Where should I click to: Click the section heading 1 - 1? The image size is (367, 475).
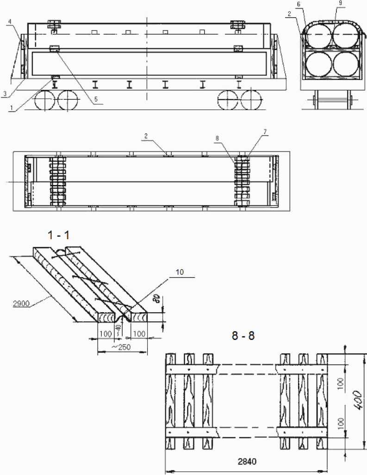[x=58, y=235]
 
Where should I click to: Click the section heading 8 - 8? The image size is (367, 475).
[x=243, y=336]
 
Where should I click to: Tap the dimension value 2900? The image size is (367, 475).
[x=21, y=303]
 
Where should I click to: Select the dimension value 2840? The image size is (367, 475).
[x=247, y=462]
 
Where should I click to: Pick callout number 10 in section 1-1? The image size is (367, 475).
[x=180, y=272]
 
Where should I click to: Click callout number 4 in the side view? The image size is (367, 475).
[x=10, y=22]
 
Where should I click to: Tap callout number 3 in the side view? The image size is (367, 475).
[x=4, y=94]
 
